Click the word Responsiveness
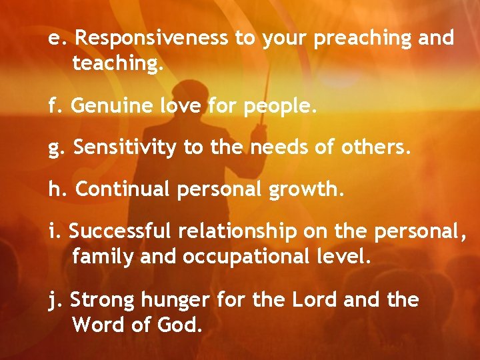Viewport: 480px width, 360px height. point(151,38)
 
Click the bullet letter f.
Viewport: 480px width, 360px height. point(52,105)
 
